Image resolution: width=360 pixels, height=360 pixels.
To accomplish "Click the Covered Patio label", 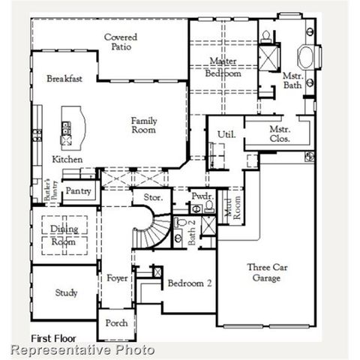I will pos(120,42).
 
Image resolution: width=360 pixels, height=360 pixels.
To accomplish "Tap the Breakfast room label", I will pos(64,79).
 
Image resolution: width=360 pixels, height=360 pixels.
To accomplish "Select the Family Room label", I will pos(144,125).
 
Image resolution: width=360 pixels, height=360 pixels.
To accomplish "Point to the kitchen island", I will pos(72,127).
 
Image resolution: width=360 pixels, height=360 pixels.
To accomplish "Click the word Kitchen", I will pos(67,160).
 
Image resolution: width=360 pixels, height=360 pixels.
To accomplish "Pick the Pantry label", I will pos(78,191).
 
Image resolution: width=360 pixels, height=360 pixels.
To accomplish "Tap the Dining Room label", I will pos(64,235).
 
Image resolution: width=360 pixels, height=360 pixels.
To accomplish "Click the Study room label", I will pos(66,292).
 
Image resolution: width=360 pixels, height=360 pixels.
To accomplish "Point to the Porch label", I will pos(116,323).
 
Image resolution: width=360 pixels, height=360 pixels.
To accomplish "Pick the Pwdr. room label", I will pos(201,195).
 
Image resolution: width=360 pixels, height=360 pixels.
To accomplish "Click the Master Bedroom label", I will pos(225,67).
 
